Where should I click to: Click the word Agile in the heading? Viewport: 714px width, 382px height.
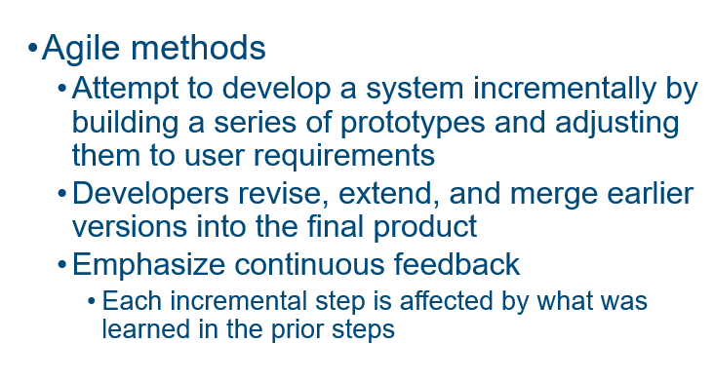click(77, 48)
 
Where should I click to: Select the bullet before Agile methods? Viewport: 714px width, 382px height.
click(32, 49)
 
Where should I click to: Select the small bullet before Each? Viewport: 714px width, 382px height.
click(92, 302)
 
